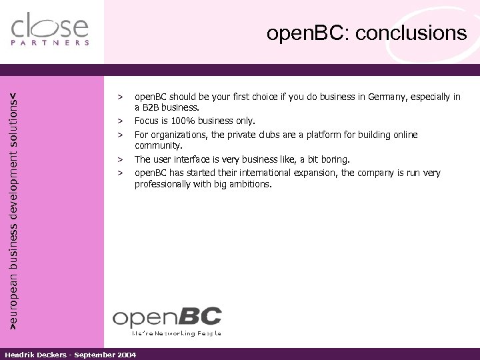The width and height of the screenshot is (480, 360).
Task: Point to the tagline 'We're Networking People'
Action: (x=176, y=332)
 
